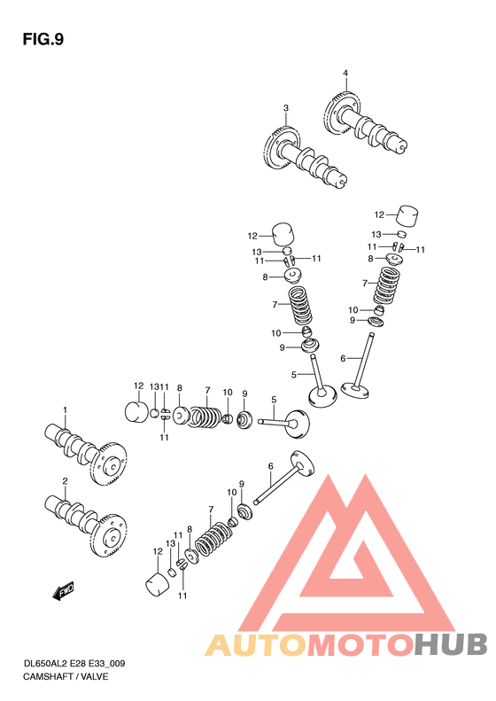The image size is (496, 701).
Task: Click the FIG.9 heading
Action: click(x=43, y=39)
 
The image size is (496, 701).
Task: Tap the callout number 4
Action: click(x=345, y=73)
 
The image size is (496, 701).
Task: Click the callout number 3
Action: click(x=286, y=108)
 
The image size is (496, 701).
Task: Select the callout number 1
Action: click(x=65, y=409)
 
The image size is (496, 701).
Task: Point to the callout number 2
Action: click(x=65, y=481)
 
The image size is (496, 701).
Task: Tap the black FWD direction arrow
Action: click(x=63, y=591)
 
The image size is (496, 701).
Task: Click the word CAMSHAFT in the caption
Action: click(x=48, y=676)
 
